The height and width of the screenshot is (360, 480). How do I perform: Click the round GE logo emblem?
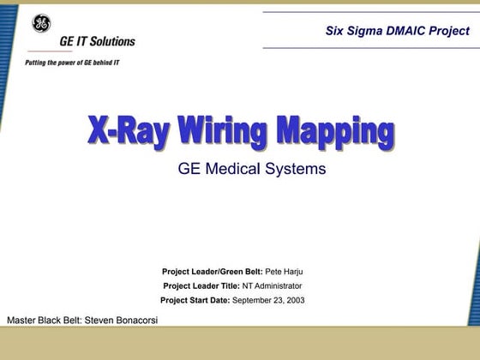tap(40, 23)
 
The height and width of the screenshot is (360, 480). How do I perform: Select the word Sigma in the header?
tap(369, 31)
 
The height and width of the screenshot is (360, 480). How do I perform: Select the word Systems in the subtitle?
tap(296, 169)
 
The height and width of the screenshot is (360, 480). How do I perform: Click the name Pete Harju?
tap(284, 272)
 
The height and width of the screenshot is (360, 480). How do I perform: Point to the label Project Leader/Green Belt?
tap(212, 272)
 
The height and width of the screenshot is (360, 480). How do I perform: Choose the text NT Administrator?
tap(272, 285)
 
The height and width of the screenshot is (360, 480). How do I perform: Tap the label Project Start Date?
tap(195, 300)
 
